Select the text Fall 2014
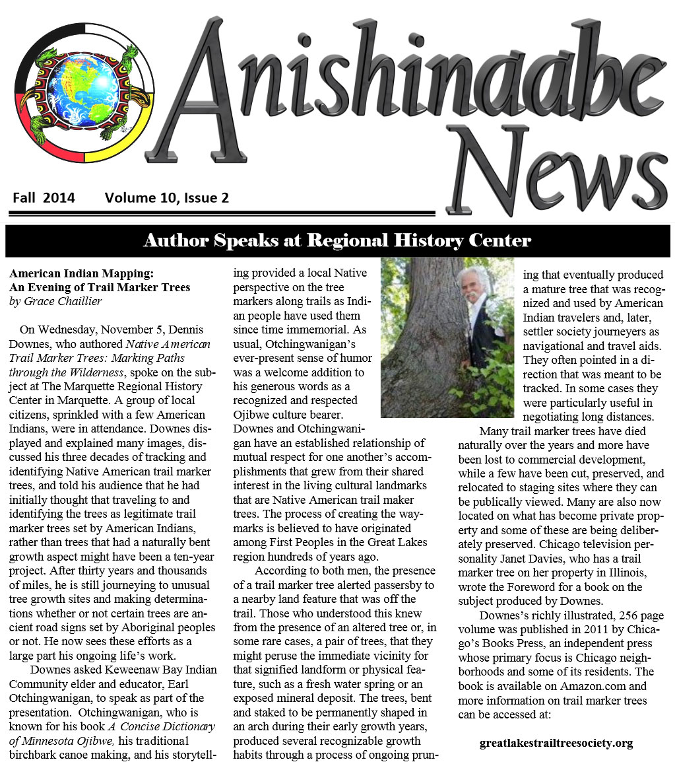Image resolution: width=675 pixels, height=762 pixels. pos(44,197)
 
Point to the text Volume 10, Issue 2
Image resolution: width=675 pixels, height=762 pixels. pos(166,197)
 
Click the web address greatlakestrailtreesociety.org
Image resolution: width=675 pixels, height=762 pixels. pos(556,744)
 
